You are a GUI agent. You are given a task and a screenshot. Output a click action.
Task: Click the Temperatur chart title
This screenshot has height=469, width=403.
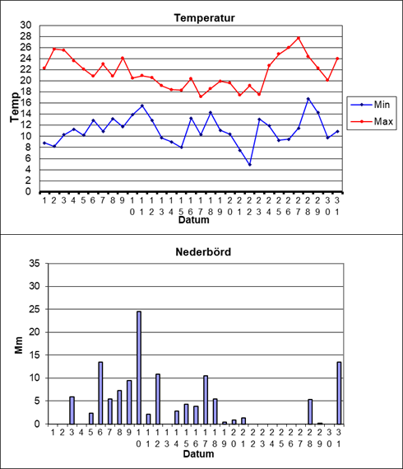pos(205,18)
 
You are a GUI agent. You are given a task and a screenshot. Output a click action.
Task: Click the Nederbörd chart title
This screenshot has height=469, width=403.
pos(203,252)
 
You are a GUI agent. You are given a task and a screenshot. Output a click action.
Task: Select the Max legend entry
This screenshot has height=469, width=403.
pos(372,121)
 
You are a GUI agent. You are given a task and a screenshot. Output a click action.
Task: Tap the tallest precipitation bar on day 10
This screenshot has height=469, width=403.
pos(139,368)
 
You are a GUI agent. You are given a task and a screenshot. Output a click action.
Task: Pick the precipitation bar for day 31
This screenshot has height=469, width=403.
pos(339,393)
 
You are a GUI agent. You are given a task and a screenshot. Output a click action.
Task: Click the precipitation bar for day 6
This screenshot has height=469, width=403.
pos(100,393)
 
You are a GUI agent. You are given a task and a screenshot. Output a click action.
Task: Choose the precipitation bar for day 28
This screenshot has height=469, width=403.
pos(310,411)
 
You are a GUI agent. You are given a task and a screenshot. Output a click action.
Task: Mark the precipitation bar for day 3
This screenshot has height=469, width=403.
pos(72,410)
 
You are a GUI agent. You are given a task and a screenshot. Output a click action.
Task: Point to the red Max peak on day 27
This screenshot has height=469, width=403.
pos(299,38)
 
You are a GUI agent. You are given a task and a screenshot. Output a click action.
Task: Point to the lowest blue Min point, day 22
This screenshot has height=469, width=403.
pos(249,165)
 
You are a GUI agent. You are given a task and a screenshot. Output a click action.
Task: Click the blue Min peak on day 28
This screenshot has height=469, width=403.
pos(308,99)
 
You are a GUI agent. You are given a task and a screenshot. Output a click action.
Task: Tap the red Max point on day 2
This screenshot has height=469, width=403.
pos(54,49)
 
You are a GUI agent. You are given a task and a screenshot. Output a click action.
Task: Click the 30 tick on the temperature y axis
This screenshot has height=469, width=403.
pos(25,26)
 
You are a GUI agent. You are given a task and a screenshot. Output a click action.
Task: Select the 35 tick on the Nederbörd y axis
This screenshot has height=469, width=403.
pos(35,264)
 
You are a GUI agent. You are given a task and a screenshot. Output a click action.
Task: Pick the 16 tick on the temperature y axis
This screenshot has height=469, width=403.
pos(25,103)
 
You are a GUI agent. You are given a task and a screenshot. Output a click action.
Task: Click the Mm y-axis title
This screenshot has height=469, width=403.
pos(19,345)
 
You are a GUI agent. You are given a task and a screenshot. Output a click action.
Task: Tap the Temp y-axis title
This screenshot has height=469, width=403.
pos(14,107)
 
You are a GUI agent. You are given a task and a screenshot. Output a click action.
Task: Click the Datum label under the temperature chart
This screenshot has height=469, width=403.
pos(194,220)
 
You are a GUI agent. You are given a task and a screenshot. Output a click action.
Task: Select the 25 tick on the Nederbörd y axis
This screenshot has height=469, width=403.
pos(35,309)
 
